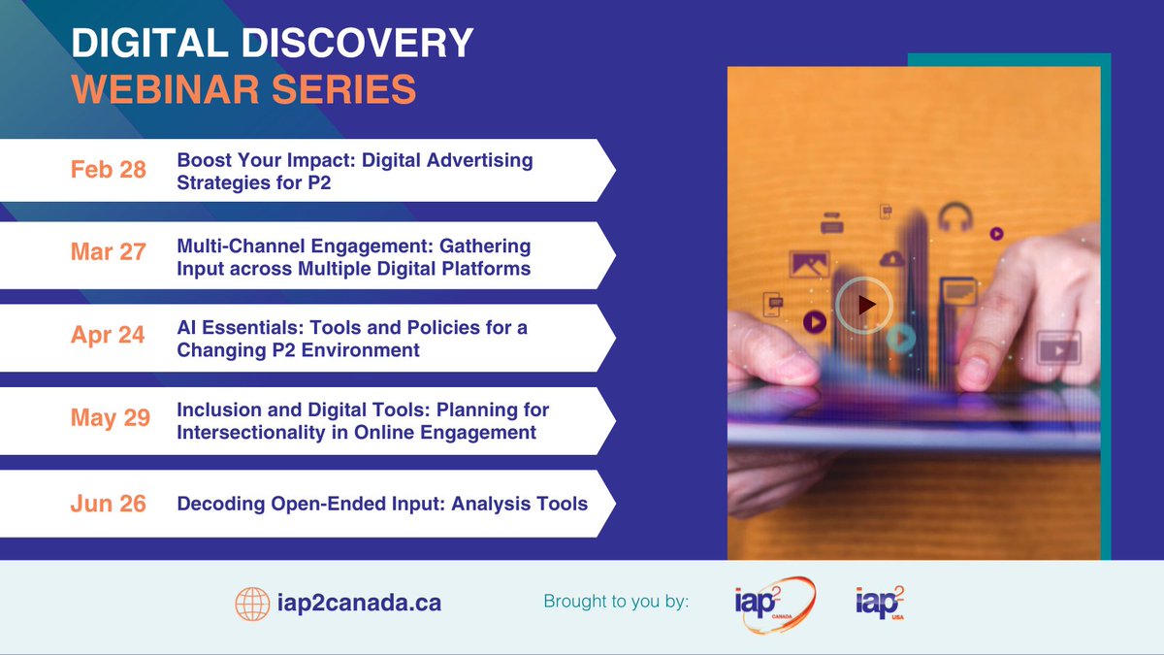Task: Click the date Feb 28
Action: click(109, 170)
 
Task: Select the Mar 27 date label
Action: click(109, 252)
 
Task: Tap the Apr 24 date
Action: click(108, 336)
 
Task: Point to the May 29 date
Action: click(110, 418)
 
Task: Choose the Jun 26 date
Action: click(109, 504)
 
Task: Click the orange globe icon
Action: click(253, 604)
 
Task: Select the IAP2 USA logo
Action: click(880, 604)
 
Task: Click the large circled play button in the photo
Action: click(863, 305)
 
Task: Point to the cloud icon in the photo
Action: click(891, 258)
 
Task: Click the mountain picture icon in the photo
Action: click(808, 264)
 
